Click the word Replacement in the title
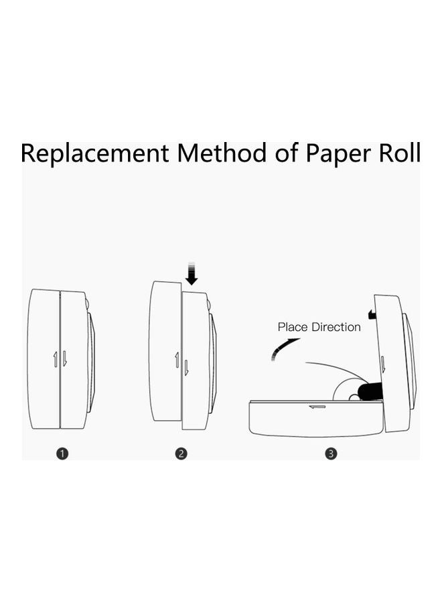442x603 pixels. tap(94, 153)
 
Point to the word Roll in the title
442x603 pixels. tap(398, 153)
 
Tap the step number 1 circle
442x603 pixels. tap(62, 454)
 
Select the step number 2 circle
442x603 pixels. tap(181, 454)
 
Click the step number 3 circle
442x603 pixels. tap(331, 454)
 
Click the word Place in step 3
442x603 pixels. tap(292, 327)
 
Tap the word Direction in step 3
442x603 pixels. tap(335, 327)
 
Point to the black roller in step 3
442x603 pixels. tap(370, 391)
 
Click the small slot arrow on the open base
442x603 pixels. tap(316, 406)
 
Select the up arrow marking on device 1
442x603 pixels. tap(56, 359)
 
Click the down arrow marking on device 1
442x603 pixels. tap(65, 359)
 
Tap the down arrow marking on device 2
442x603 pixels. tap(186, 367)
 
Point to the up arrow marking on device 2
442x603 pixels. tap(177, 360)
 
